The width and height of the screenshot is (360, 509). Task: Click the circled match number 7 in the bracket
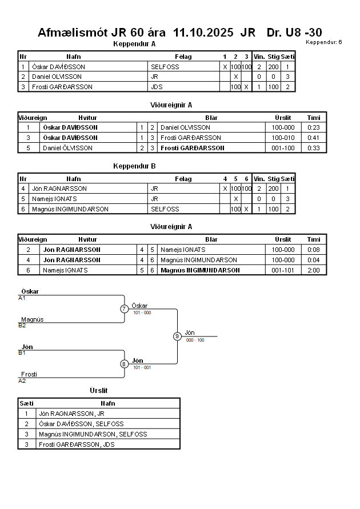tap(124, 309)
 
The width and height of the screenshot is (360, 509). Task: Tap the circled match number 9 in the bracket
tap(177, 336)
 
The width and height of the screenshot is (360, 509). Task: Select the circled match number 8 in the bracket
tap(124, 364)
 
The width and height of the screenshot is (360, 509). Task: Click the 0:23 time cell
tap(314, 127)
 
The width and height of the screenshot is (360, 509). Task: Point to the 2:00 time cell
tap(314, 270)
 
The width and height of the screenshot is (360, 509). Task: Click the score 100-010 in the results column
tap(283, 138)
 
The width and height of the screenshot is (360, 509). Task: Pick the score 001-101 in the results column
tap(283, 270)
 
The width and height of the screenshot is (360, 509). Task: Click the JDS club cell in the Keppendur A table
tap(157, 87)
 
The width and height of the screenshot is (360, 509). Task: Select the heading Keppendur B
tap(134, 166)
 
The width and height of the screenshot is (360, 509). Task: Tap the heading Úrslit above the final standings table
tap(99, 391)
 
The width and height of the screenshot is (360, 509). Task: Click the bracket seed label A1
tap(22, 298)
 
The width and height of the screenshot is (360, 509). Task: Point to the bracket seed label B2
tap(22, 325)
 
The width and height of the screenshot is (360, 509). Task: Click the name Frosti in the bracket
tap(29, 374)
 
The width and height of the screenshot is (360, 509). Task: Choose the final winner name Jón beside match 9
tap(190, 332)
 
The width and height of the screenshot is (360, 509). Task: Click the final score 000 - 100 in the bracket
tap(195, 340)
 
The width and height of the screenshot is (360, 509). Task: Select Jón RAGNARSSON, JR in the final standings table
tap(71, 414)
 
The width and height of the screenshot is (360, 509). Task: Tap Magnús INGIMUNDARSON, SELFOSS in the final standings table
tap(93, 434)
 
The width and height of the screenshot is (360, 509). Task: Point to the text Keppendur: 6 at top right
tap(323, 42)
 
